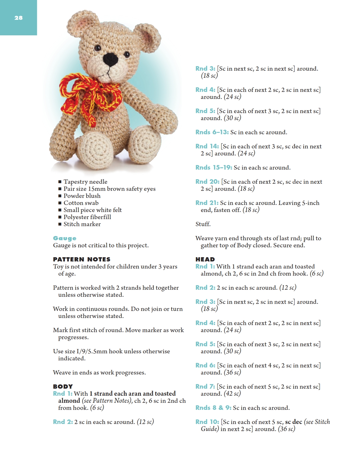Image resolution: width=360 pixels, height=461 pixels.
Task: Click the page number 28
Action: pyautogui.click(x=18, y=18)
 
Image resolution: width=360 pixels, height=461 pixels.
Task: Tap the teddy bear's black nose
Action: pyautogui.click(x=110, y=59)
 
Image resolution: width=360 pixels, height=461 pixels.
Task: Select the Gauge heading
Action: pyautogui.click(x=65, y=238)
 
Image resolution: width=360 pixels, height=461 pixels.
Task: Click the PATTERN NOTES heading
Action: pyautogui.click(x=82, y=259)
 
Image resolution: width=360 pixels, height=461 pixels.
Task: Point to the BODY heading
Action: pyautogui.click(x=63, y=386)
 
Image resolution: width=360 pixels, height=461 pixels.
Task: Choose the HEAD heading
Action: pyautogui.click(x=205, y=259)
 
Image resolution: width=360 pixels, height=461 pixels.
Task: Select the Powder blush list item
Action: pyautogui.click(x=82, y=196)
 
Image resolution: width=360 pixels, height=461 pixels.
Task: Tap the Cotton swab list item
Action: pyautogui.click(x=81, y=203)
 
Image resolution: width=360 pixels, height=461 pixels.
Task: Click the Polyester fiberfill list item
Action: pyautogui.click(x=87, y=217)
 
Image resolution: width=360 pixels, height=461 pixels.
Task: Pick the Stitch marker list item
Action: pyautogui.click(x=82, y=224)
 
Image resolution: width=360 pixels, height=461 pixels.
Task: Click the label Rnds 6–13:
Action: pyautogui.click(x=212, y=132)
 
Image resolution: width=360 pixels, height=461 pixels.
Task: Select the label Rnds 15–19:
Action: pyautogui.click(x=214, y=168)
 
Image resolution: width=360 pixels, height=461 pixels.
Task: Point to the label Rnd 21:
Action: pyautogui.click(x=207, y=203)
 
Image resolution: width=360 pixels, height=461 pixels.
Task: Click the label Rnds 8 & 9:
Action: pyautogui.click(x=213, y=408)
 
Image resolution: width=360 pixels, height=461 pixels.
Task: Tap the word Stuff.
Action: pyautogui.click(x=203, y=224)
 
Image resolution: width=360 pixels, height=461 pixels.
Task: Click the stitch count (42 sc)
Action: pyautogui.click(x=232, y=394)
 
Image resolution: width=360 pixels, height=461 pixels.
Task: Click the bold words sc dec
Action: pyautogui.click(x=293, y=422)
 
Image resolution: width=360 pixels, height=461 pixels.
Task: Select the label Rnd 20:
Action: pyautogui.click(x=208, y=182)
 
